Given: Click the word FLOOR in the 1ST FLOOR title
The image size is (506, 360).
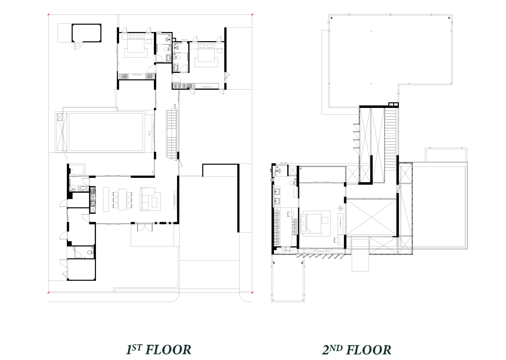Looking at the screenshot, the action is [x=169, y=350].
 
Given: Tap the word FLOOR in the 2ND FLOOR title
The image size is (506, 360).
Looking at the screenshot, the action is [x=369, y=350].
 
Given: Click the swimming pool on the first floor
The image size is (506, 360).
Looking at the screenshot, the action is [x=106, y=132].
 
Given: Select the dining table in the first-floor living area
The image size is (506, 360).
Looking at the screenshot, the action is [x=122, y=199].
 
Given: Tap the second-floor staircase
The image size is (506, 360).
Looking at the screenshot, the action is [x=390, y=140].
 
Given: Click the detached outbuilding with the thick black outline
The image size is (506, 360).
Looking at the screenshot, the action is [x=86, y=33].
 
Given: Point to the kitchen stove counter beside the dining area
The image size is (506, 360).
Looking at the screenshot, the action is [x=93, y=200].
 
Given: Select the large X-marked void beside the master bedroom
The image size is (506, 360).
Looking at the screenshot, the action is [x=372, y=217].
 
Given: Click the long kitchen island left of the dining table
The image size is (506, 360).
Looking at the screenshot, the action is [x=106, y=199].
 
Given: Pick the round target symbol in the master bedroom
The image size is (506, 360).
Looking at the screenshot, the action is [x=340, y=208].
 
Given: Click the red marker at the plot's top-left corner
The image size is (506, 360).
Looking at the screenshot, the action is [x=48, y=14].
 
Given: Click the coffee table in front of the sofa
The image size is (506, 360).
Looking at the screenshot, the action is [x=155, y=202].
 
